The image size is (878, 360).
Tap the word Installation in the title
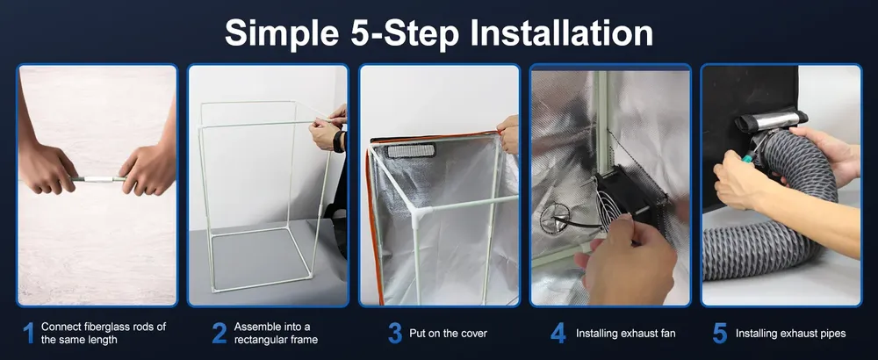click(x=561, y=32)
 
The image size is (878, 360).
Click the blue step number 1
click(x=29, y=333)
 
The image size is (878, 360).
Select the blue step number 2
click(x=219, y=333)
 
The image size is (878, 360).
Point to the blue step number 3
click(x=395, y=333)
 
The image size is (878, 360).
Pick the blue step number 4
click(x=558, y=333)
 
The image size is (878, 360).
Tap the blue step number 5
click(x=720, y=333)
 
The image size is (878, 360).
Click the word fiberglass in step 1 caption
click(x=103, y=327)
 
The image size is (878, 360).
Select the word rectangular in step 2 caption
click(x=256, y=340)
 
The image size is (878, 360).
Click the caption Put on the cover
click(x=448, y=334)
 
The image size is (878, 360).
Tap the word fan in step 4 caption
click(x=667, y=334)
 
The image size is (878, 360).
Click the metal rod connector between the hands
click(x=98, y=179)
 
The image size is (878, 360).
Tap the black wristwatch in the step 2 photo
click(x=338, y=141)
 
